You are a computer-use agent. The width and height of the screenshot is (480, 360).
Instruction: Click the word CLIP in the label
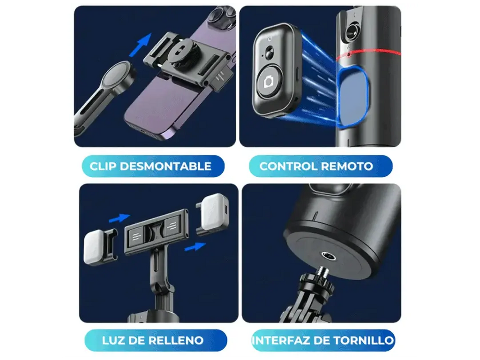103,166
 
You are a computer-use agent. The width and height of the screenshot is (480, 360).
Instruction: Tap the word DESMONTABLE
165,166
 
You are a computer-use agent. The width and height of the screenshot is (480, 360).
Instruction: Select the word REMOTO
347,166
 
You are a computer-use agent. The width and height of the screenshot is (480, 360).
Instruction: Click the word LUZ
112,340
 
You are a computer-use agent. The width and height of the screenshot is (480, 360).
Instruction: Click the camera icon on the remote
269,82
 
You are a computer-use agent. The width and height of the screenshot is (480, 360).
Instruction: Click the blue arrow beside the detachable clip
140,45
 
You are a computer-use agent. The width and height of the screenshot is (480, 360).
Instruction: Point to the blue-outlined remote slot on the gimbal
353,97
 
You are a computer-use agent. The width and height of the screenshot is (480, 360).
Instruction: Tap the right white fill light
214,211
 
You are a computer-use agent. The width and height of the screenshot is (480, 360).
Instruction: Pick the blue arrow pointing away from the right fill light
195,247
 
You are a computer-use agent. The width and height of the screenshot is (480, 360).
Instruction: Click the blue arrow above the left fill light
120,218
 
